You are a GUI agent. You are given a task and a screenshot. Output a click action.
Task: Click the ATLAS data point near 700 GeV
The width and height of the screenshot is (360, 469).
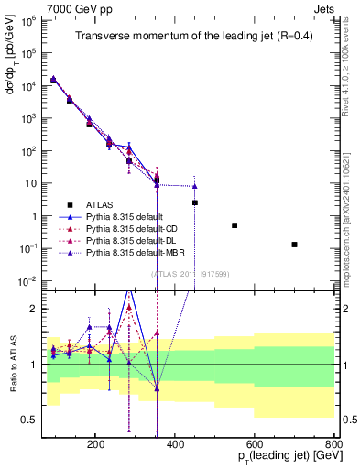[x=294, y=245]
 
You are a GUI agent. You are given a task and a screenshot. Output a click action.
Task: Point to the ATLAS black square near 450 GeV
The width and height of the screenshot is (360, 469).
[x=195, y=202]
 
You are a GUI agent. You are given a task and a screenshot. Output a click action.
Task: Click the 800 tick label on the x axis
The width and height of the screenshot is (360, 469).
[x=333, y=443]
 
